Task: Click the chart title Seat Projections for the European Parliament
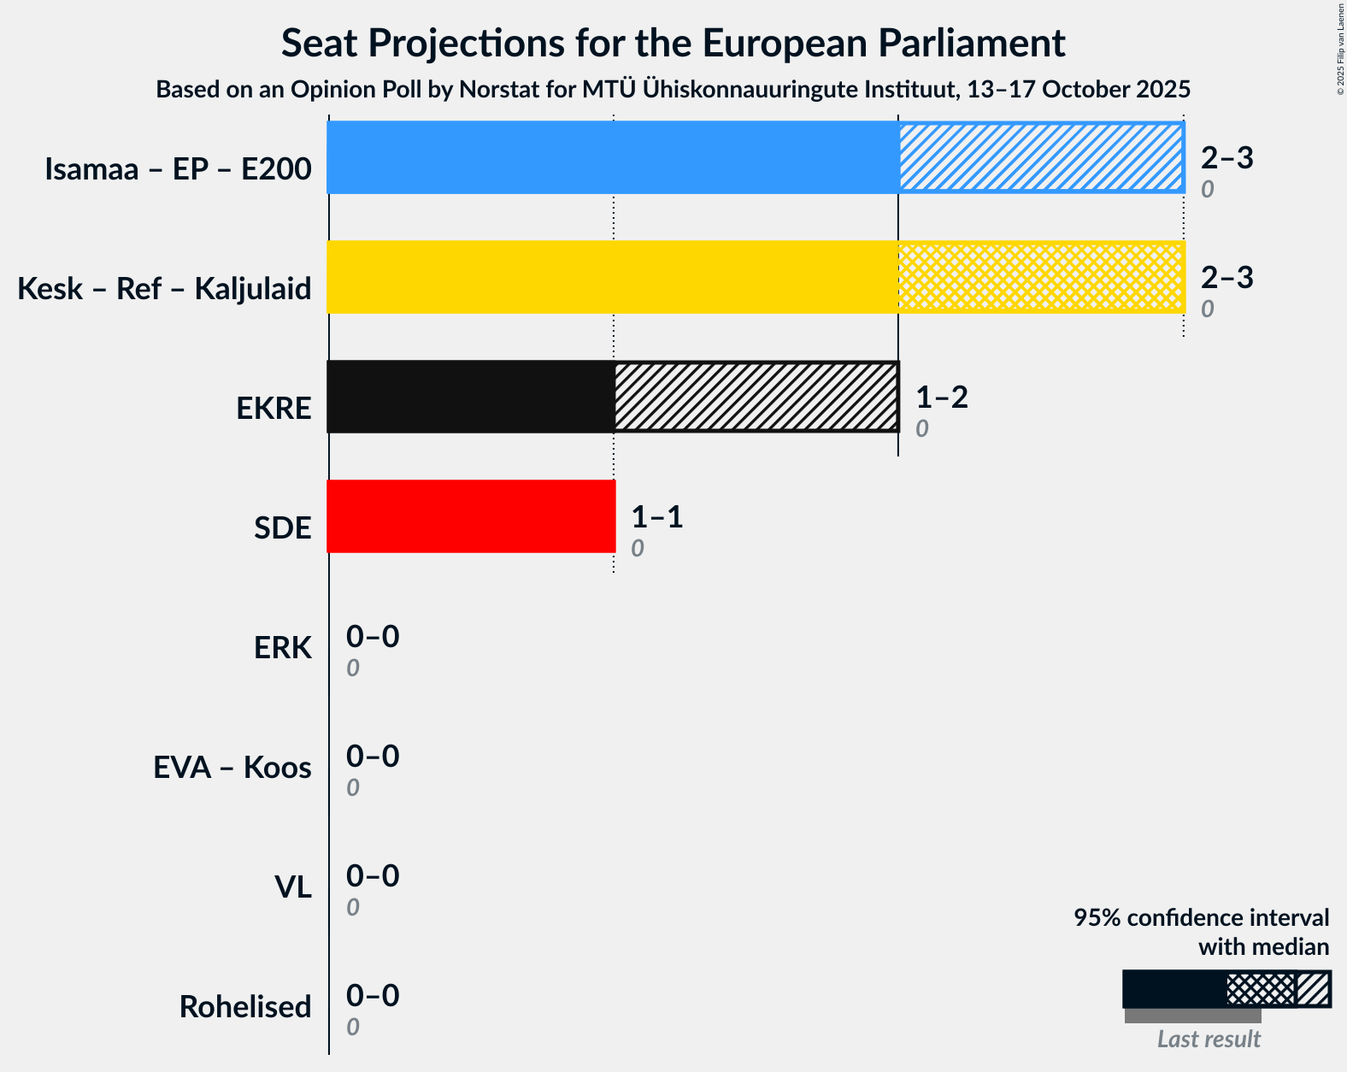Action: [673, 43]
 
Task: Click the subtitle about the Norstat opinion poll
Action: [673, 89]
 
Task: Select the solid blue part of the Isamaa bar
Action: [612, 157]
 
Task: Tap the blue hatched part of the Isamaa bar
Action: [1040, 157]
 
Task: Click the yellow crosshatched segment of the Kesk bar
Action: [1040, 277]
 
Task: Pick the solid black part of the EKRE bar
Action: [471, 397]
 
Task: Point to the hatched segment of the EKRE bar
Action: [756, 397]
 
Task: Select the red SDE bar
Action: [471, 516]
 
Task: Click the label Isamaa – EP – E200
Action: [178, 169]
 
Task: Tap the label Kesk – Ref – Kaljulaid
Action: [164, 289]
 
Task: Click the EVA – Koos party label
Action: [232, 768]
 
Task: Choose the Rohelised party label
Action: [244, 1007]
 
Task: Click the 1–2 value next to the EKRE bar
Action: [941, 398]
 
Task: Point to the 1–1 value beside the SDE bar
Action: [656, 517]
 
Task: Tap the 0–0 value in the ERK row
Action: [372, 637]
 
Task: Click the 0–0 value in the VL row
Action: [372, 876]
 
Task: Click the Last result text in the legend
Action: [1208, 1039]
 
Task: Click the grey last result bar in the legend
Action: [1192, 1016]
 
